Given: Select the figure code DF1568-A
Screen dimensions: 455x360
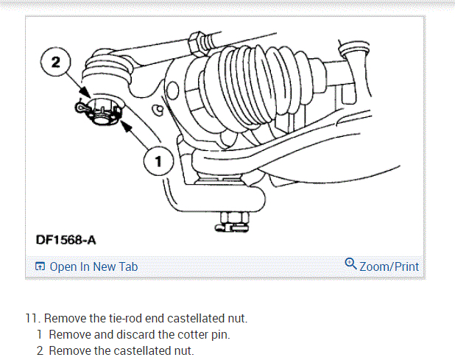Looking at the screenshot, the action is point(66,240).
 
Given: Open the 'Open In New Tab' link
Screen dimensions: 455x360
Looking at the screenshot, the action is point(93,267).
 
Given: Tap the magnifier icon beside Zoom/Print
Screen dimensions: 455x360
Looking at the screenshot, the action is point(350,264).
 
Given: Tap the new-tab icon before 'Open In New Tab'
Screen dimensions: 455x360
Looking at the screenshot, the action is point(40,267).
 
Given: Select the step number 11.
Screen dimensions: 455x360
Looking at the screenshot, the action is point(32,319).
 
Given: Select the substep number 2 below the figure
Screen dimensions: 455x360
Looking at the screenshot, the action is point(40,351).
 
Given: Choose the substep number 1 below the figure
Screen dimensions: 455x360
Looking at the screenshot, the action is point(40,335).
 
